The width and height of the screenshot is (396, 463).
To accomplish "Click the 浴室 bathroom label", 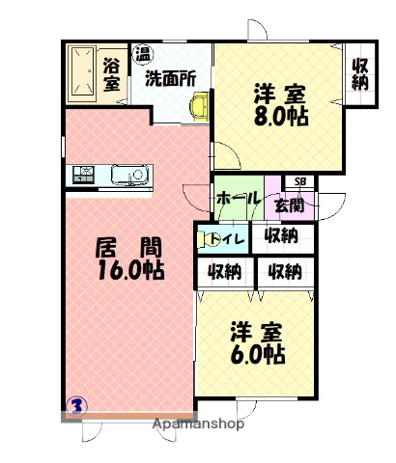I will pos(112,73).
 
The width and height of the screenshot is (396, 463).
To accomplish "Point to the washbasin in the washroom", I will pos(200,106).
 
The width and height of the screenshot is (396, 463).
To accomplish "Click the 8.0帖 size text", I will pos(282,119).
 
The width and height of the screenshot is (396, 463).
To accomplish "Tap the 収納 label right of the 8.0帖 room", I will pos(360,73).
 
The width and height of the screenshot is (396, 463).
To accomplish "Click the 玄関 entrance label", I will pos(289,204).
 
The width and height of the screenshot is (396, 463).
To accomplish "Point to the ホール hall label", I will pos(238,198).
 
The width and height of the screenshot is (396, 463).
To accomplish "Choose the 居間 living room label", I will pos(127,247).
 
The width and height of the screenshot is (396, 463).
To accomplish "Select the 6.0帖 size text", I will pos(258,355).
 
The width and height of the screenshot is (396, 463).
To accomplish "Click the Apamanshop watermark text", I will pos(201,422).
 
